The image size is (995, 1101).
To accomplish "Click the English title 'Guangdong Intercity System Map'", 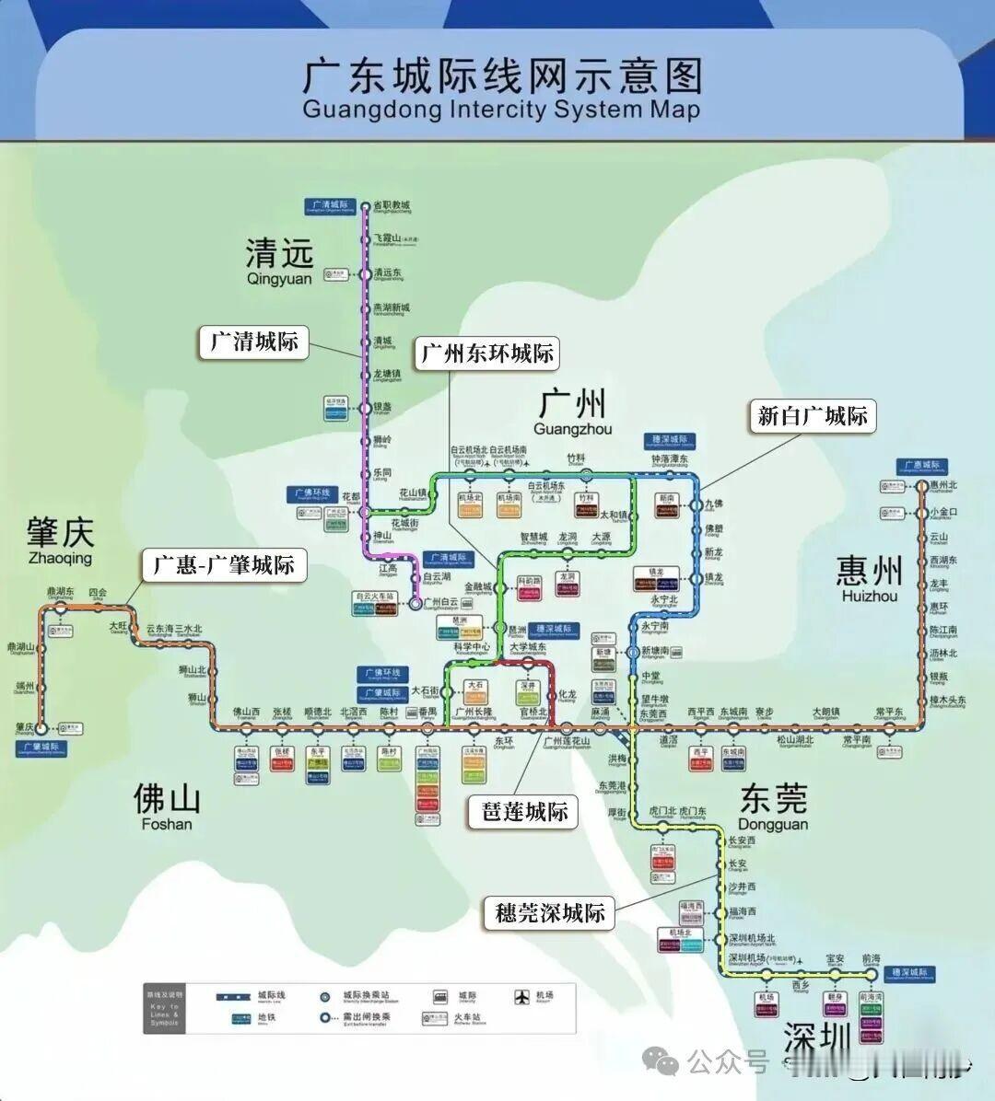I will pyautogui.click(x=501, y=110).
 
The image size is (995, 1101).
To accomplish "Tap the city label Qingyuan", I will pyautogui.click(x=279, y=261).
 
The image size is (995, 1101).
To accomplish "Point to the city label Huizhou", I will pyautogui.click(x=869, y=579).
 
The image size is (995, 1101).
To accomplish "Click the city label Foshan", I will pyautogui.click(x=167, y=805).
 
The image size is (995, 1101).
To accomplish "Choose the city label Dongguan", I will pyautogui.click(x=773, y=806).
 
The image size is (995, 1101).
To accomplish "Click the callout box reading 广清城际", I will pyautogui.click(x=254, y=342).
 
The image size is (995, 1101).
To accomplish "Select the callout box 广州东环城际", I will pyautogui.click(x=487, y=353).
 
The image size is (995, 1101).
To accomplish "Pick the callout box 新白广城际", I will pyautogui.click(x=813, y=416).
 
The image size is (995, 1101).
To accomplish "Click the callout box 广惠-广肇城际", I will pyautogui.click(x=224, y=565).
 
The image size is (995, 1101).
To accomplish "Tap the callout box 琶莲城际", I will pyautogui.click(x=525, y=811).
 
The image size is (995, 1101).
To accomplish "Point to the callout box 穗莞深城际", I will pyautogui.click(x=550, y=912).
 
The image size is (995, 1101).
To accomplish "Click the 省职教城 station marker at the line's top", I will pyautogui.click(x=365, y=206).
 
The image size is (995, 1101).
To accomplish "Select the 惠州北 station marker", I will pyautogui.click(x=920, y=485).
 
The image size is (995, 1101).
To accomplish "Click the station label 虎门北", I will pyautogui.click(x=663, y=811).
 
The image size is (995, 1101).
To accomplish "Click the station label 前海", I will pyautogui.click(x=871, y=958).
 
